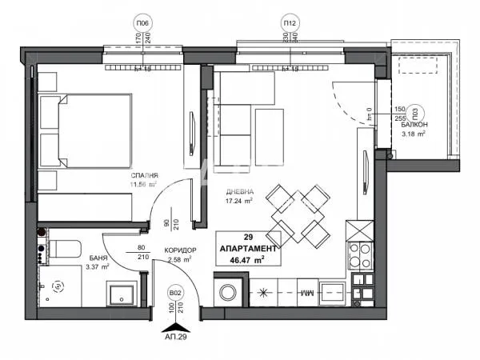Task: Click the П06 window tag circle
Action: (x=142, y=24)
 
